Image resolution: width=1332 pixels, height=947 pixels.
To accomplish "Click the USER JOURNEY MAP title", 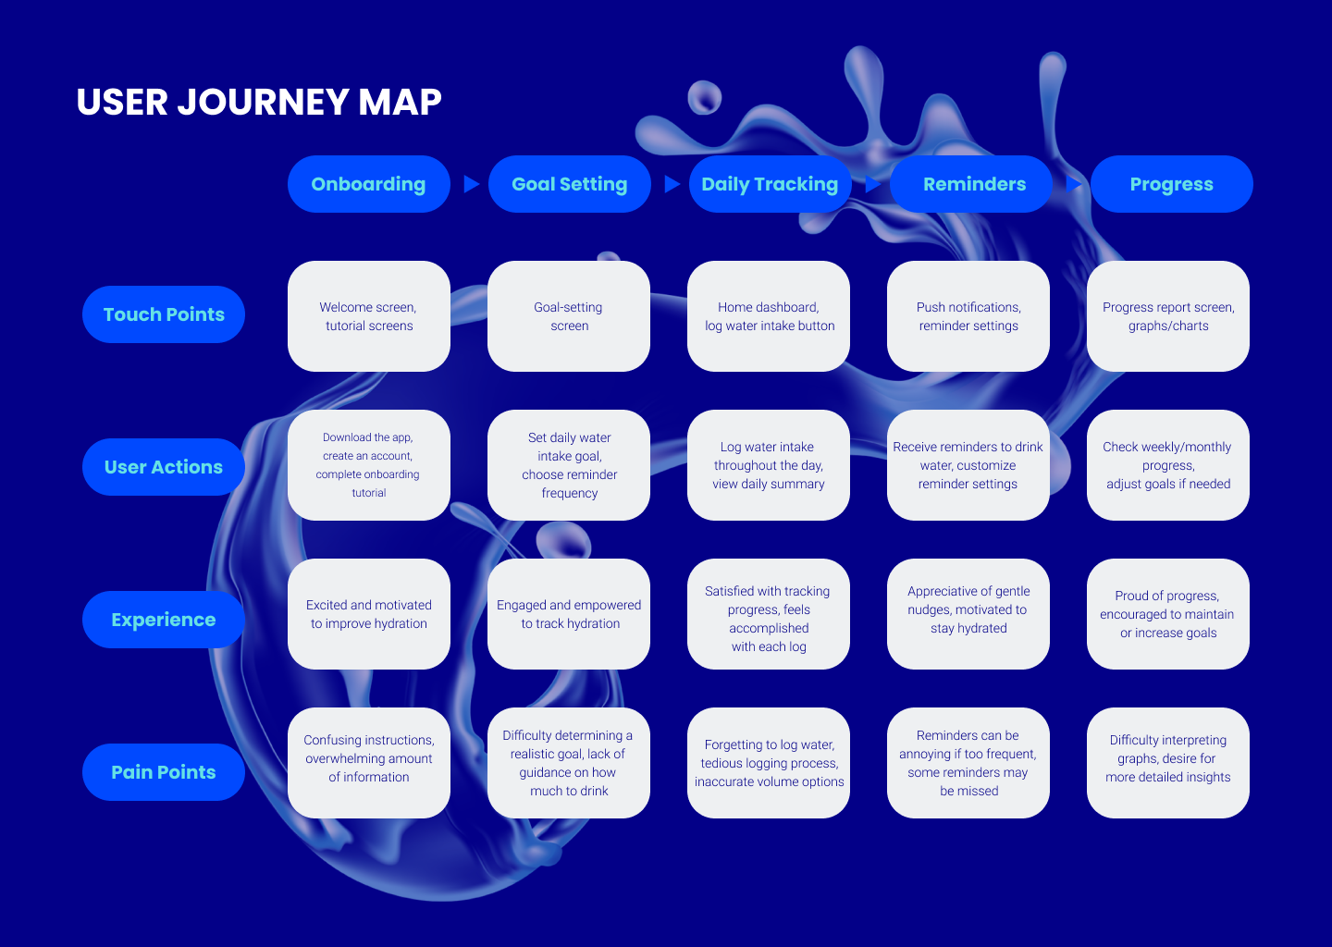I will (259, 102).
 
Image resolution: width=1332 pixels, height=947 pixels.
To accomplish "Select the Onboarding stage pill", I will (368, 184).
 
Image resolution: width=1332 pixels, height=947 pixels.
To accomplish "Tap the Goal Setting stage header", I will (569, 184).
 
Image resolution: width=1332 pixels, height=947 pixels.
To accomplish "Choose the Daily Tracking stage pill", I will (770, 184).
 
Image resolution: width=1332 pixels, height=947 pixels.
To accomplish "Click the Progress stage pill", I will (1171, 184).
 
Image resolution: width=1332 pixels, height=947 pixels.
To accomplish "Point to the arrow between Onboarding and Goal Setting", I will (471, 184).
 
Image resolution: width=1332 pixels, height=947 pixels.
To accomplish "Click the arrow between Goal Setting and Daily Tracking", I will (672, 184).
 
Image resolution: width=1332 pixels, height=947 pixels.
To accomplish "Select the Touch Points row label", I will (164, 314).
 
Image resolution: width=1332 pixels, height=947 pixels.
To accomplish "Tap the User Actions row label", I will (164, 467).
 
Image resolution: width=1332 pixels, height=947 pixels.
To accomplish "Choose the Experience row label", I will (164, 620).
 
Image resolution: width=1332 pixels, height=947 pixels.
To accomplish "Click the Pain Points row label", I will (164, 772).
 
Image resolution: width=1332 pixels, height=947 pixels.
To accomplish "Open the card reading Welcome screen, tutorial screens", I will (368, 316).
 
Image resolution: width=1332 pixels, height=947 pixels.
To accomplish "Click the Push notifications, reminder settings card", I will (968, 316).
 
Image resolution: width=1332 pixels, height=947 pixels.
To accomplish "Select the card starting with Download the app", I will (368, 465).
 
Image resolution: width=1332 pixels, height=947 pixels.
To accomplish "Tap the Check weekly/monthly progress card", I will (1167, 465).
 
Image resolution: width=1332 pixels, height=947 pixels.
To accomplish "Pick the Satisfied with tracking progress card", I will (768, 614).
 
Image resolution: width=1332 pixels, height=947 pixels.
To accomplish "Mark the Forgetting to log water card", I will (768, 763).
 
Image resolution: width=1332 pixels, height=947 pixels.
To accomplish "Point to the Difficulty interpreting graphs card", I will (1167, 763).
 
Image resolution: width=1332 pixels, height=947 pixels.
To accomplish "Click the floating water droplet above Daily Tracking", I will (705, 97).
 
